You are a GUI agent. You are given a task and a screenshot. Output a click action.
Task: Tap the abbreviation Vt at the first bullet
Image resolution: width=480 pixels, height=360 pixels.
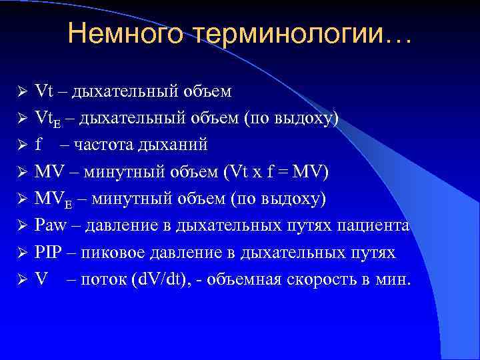tap(43, 91)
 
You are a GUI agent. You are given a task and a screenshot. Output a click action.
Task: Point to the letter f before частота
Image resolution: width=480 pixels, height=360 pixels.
tap(38, 145)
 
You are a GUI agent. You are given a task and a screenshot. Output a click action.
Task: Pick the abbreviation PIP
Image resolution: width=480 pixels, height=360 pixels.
tap(47, 253)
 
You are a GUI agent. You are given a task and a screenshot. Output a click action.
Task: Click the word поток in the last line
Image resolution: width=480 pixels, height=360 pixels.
tap(100, 279)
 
